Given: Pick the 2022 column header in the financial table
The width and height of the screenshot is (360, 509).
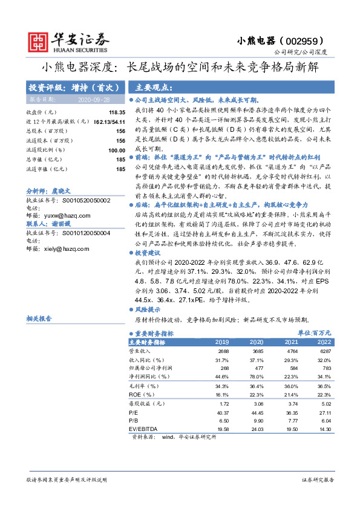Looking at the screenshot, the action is point(324,342).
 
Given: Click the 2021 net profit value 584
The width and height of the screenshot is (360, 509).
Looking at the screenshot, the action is point(292,368).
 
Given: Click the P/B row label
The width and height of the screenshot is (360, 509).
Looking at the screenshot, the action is point(134,420).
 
